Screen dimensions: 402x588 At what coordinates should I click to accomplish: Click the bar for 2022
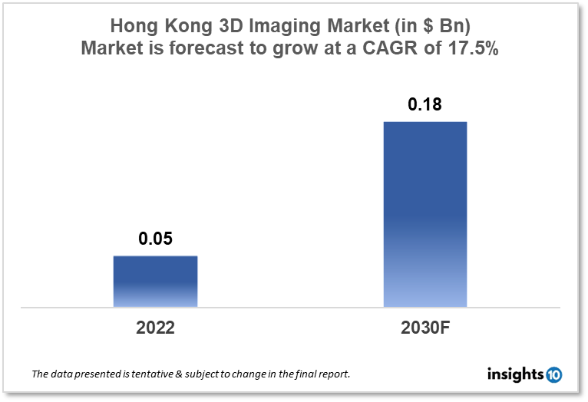[x=155, y=282]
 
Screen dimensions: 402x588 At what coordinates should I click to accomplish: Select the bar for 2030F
[x=424, y=214]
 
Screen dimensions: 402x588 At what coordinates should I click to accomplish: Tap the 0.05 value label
[x=155, y=239]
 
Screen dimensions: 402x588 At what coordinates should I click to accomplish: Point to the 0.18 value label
[x=424, y=105]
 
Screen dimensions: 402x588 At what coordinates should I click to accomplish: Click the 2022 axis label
[x=155, y=328]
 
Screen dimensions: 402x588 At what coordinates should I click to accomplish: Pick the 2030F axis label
[x=424, y=328]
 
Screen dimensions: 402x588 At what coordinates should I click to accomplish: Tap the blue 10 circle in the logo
[x=553, y=375]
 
